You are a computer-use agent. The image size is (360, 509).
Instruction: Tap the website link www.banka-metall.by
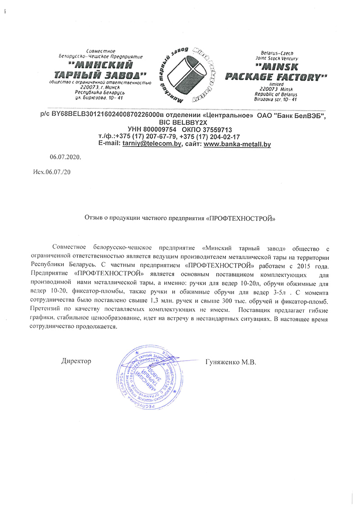237,144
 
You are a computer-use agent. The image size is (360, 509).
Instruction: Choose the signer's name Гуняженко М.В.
230,362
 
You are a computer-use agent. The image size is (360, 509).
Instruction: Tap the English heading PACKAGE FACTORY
276,77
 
